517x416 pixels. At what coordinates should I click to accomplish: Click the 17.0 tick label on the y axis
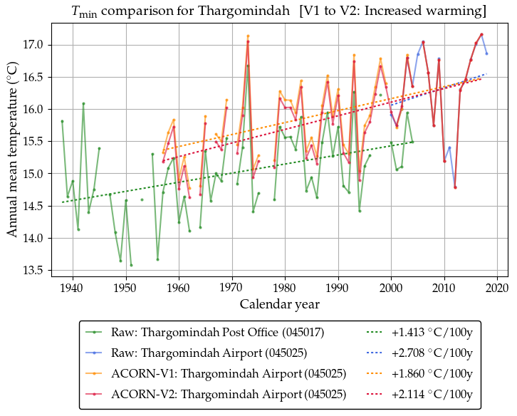pyautogui.click(x=34, y=45)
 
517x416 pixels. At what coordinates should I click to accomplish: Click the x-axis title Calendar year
pyautogui.click(x=279, y=304)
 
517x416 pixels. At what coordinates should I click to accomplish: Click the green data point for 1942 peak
pyautogui.click(x=83, y=103)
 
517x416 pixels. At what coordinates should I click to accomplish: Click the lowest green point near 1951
pyautogui.click(x=131, y=265)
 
